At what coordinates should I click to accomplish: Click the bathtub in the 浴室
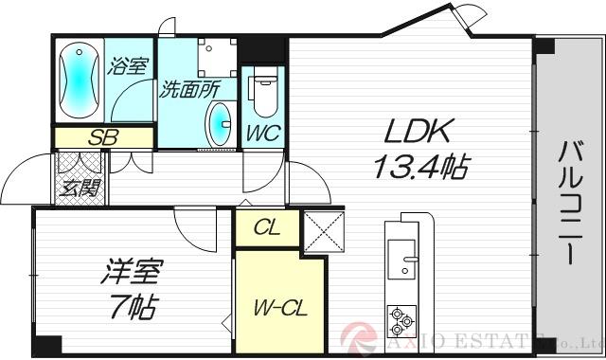click(79, 80)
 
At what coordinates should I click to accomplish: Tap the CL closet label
click(266, 227)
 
